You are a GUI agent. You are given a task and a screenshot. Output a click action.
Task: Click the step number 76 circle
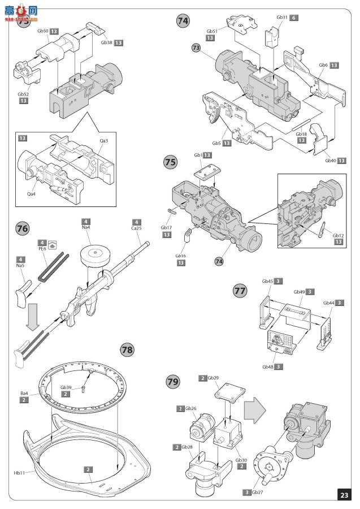click(23, 229)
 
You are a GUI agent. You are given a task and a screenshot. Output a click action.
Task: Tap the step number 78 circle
click(127, 350)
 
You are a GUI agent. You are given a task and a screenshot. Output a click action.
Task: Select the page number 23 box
click(344, 495)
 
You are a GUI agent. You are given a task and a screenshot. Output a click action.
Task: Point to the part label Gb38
click(107, 42)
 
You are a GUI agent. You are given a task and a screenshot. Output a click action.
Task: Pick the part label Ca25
click(136, 227)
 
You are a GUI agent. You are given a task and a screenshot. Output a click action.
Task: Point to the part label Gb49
click(299, 292)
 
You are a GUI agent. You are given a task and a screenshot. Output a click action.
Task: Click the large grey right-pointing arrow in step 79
click(255, 408)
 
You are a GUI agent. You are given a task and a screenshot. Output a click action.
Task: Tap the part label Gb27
click(258, 493)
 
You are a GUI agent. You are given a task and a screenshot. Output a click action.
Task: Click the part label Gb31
click(282, 18)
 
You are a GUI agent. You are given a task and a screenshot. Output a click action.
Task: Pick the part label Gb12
click(339, 235)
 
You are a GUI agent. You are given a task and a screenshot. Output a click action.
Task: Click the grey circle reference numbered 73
click(196, 48)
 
